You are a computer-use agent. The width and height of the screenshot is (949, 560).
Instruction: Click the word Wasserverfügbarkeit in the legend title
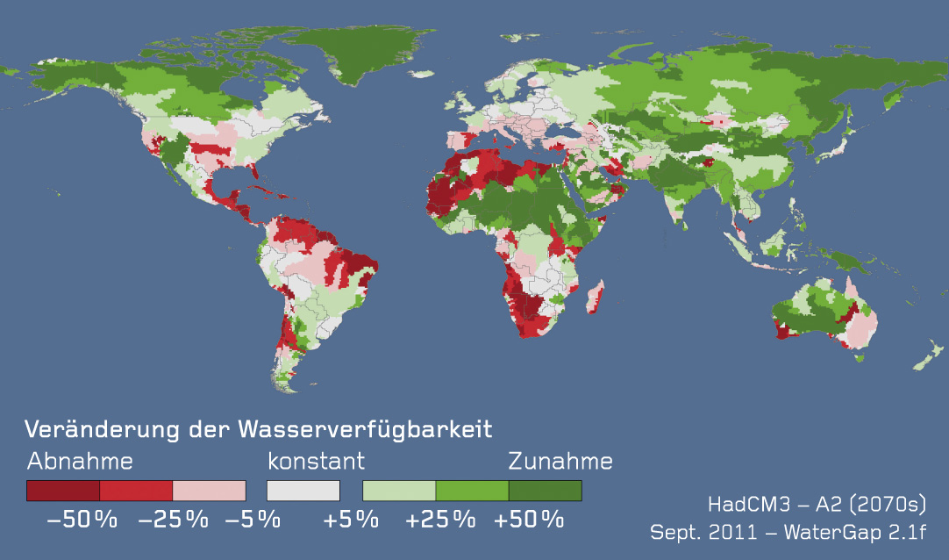point(365,430)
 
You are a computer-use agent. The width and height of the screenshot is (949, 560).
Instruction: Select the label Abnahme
point(80,462)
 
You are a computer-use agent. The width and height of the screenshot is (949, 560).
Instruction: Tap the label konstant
point(316,462)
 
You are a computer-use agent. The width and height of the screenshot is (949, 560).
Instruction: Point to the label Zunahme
point(560,462)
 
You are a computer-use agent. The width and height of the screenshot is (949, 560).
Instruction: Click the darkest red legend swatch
point(63,490)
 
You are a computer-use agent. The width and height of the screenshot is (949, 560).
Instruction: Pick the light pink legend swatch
point(209,490)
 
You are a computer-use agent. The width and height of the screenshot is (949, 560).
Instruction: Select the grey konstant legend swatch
point(303,490)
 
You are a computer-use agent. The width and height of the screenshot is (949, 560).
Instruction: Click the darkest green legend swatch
point(545,490)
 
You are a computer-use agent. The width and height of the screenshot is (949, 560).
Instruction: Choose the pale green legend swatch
point(399,490)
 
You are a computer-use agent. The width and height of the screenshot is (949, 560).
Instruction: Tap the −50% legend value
point(82,520)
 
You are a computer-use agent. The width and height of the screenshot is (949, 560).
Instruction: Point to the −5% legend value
point(253,520)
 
